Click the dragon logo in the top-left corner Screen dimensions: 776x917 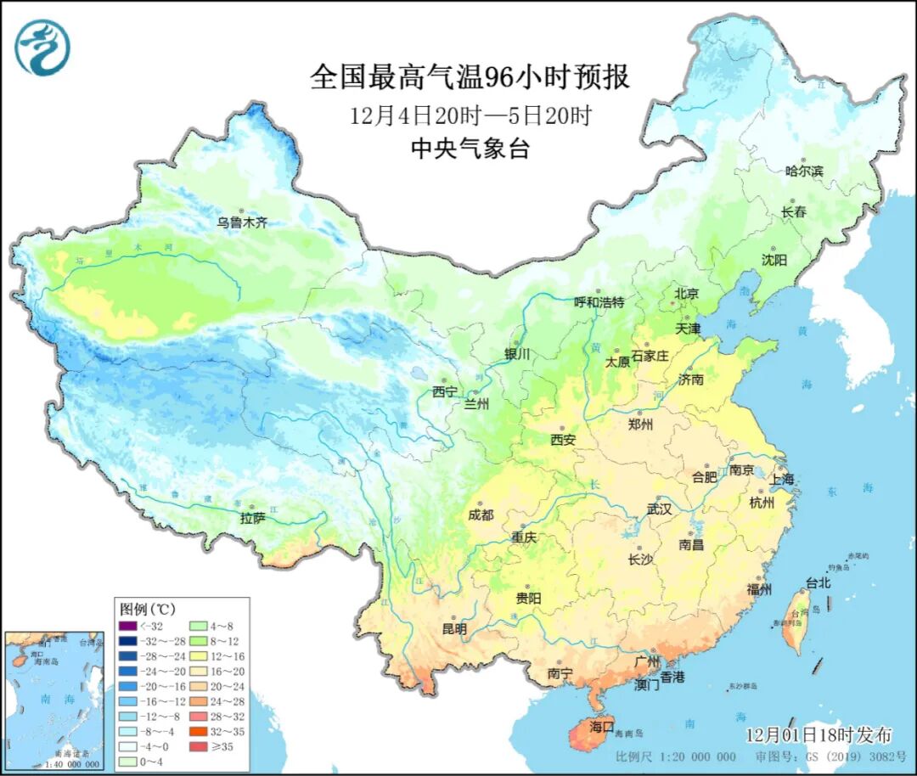pyautogui.click(x=42, y=48)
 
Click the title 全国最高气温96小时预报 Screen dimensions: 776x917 pyautogui.click(x=470, y=77)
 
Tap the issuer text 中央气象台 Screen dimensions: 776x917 pyautogui.click(x=470, y=149)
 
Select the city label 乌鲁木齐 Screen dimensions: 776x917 pyautogui.click(x=241, y=222)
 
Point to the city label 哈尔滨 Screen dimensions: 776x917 pyautogui.click(x=804, y=171)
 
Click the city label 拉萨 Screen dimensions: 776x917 pyautogui.click(x=252, y=518)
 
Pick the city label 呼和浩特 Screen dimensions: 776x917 pyautogui.click(x=599, y=302)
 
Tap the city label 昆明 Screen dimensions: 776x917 pyautogui.click(x=454, y=629)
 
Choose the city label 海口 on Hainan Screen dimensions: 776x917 pyautogui.click(x=602, y=727)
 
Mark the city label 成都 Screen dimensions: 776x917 pyautogui.click(x=481, y=515)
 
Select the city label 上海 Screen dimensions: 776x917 pyautogui.click(x=782, y=479)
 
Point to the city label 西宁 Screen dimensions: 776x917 pyautogui.click(x=444, y=392)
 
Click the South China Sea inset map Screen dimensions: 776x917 pyautogui.click(x=52, y=700)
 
